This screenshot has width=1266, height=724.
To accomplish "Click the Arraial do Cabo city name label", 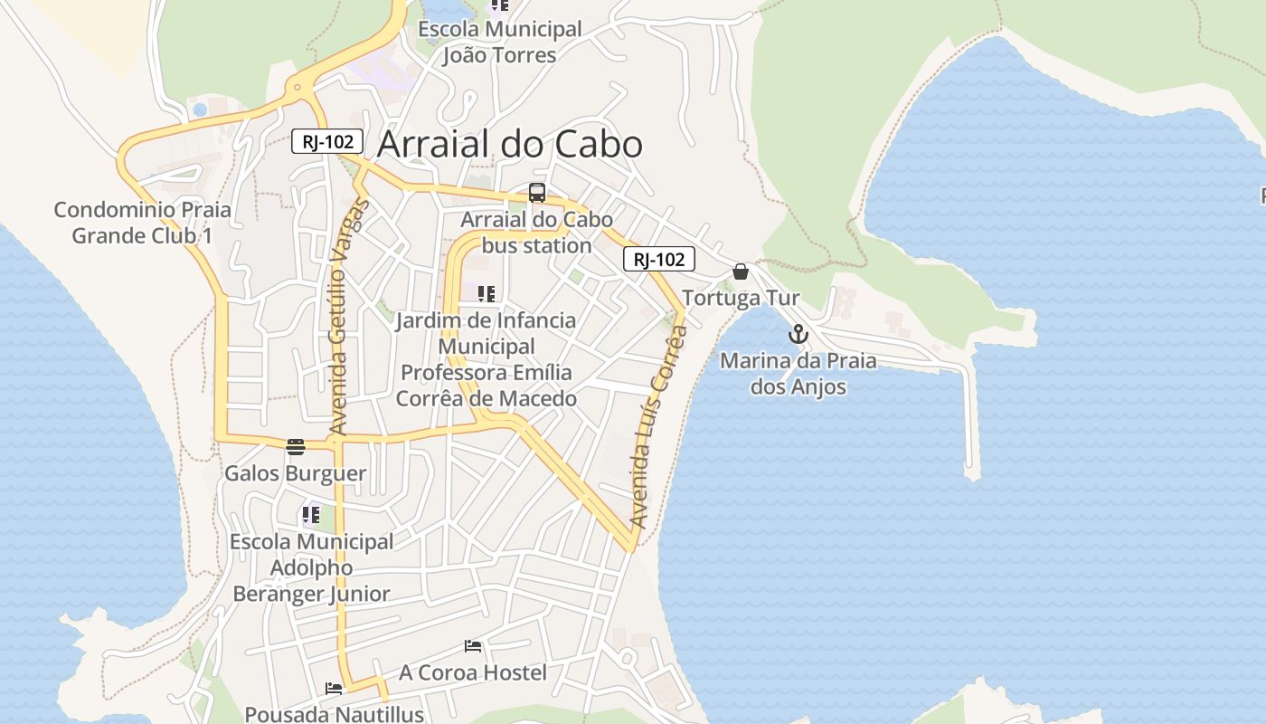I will coord(509,144).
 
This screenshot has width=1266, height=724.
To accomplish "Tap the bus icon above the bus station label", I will coord(537,193).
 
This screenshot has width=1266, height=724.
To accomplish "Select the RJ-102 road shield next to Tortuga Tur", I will coord(658,260).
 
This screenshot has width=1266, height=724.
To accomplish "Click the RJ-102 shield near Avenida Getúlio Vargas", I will coord(327,141).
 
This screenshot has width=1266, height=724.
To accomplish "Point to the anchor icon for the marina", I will coord(798,335).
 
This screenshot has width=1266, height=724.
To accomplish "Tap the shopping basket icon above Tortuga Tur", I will coord(741,271).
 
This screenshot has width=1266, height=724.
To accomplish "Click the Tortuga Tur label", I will coord(741,298).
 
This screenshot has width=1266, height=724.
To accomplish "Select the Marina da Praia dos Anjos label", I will coord(798,374).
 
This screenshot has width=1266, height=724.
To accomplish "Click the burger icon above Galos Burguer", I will coord(296,446).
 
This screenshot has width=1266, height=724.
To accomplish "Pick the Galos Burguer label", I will coord(296,473).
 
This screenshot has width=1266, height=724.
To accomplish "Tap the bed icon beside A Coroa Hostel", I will coord(473,646).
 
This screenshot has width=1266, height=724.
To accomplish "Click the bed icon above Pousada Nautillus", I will coord(334,688).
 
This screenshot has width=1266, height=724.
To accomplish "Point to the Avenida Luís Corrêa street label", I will coord(658,425).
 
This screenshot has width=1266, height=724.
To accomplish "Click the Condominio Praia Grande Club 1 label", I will coord(142,223).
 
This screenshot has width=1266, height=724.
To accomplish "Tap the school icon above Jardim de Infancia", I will coord(487,294).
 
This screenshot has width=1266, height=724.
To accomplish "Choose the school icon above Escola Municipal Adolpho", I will coord(311,516).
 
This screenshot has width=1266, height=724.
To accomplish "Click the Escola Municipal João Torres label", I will coord(499,42).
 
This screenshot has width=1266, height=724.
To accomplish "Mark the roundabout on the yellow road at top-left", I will coord(297,89).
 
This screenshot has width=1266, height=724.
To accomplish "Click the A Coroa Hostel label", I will coord(473,672).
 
